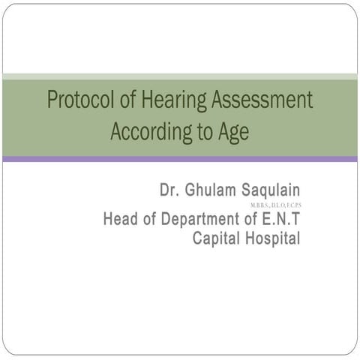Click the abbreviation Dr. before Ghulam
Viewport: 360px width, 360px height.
pos(169,189)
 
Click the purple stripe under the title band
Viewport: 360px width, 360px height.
pos(180,158)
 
